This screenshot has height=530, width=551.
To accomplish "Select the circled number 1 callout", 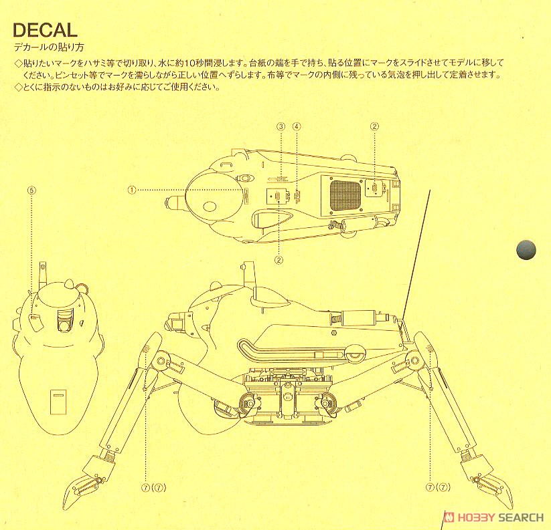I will tap(133, 190).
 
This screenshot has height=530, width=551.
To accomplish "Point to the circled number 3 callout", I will tap(281, 126).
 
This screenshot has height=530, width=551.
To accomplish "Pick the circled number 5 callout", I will tap(31, 190).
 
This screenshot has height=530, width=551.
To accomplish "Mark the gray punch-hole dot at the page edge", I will tap(526, 250).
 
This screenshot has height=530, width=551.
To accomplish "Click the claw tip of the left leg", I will tap(67, 499).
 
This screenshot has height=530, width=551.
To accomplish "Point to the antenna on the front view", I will tap(43, 273).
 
